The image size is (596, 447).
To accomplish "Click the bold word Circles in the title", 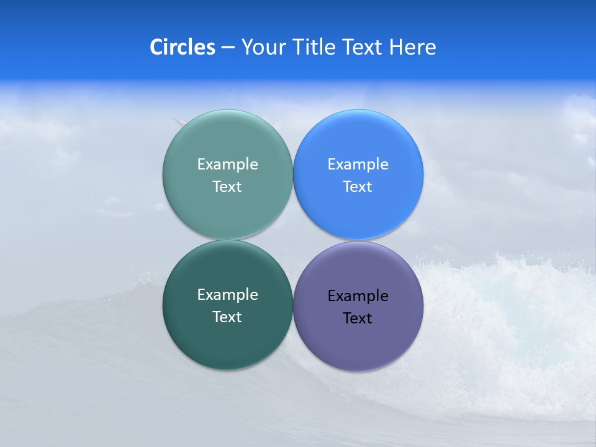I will click(183, 47).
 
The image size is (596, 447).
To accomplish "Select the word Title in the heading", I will click(317, 47).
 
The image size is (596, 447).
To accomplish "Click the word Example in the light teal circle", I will click(227, 165).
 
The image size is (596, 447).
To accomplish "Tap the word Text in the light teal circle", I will click(227, 187).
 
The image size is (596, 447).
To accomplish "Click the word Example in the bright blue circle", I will click(358, 165).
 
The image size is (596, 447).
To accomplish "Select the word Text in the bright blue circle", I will click(358, 187).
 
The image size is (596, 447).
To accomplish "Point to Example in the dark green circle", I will click(227, 295).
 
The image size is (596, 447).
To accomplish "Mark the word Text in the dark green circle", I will click(227, 317).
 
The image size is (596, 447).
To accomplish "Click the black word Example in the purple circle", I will click(358, 296).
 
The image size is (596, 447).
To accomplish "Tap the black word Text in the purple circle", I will click(358, 318).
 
